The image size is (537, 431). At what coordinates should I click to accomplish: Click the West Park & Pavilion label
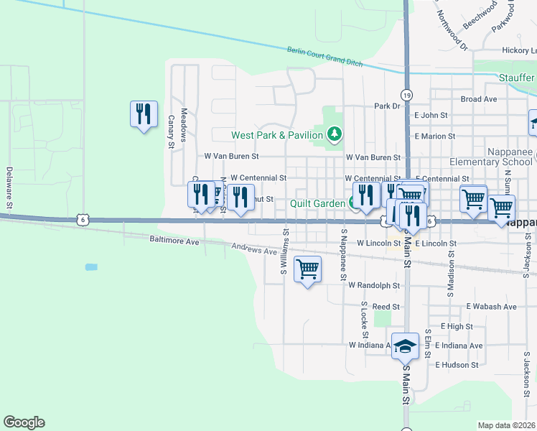pos(278,135)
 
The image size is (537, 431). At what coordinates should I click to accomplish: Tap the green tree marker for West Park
pos(334,134)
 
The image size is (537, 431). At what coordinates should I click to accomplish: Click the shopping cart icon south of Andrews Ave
pos(308,270)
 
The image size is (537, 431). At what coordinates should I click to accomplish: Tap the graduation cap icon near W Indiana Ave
pos(405,347)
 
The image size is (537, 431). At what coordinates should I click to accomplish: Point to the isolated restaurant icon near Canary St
pos(144,114)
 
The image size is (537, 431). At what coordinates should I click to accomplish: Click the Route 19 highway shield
pos(407,95)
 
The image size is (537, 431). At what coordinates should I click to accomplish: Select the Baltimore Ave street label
pos(174,241)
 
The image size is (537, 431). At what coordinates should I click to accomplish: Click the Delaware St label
pos(9,188)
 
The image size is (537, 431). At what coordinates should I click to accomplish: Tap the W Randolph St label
pos(373,285)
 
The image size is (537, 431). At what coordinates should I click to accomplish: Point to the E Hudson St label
pos(457,364)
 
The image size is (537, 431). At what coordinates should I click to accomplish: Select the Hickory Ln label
pos(519,51)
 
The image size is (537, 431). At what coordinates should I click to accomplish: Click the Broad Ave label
pos(479,99)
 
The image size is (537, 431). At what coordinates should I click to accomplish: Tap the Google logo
pos(24,422)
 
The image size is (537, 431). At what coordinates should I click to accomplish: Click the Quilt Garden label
pos(318,203)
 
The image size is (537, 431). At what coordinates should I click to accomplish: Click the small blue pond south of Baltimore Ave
pos(90,267)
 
